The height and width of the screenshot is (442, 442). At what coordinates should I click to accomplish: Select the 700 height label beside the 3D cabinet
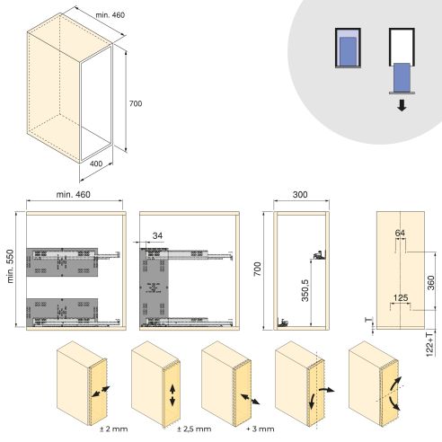[x=135, y=104]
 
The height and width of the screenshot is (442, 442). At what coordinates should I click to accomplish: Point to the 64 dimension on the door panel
[x=400, y=234]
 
